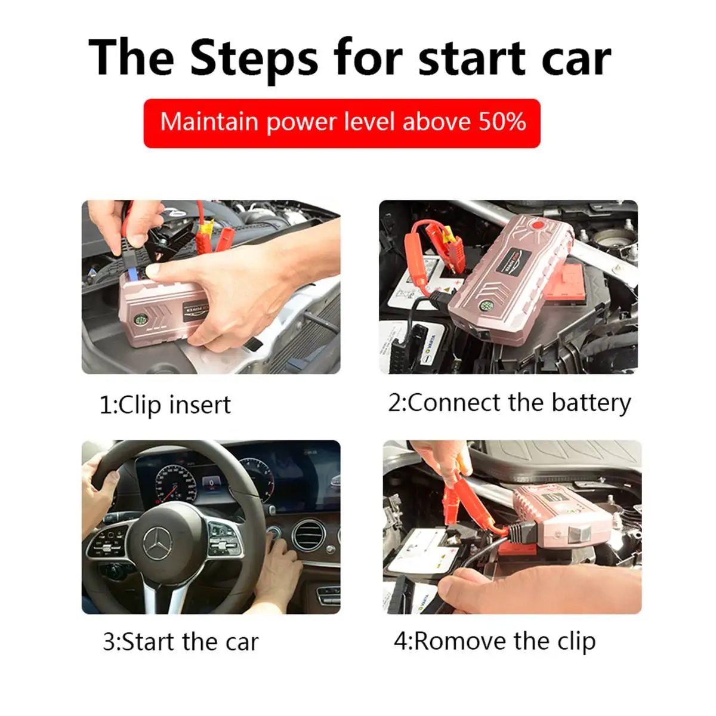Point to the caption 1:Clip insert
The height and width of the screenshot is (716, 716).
click(165, 405)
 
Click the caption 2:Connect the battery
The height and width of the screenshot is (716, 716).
click(510, 403)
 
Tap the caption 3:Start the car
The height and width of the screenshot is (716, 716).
click(181, 641)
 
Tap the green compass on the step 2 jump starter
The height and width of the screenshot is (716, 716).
click(486, 306)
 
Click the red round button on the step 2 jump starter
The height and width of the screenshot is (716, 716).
click(536, 225)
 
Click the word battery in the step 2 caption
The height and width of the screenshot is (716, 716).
click(591, 403)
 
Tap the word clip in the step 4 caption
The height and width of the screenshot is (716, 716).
click(576, 641)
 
